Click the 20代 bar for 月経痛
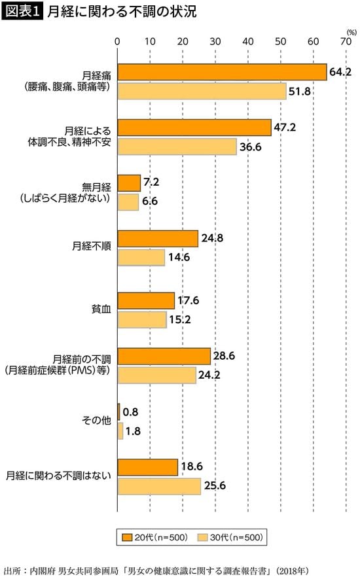(x=222, y=71)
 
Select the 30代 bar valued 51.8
(x=202, y=91)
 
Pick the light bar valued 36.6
(x=177, y=147)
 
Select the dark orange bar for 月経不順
(x=158, y=239)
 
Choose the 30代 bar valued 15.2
(x=142, y=319)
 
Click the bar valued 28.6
(x=164, y=356)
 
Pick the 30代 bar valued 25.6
(x=159, y=485)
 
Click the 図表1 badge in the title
(x=23, y=12)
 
